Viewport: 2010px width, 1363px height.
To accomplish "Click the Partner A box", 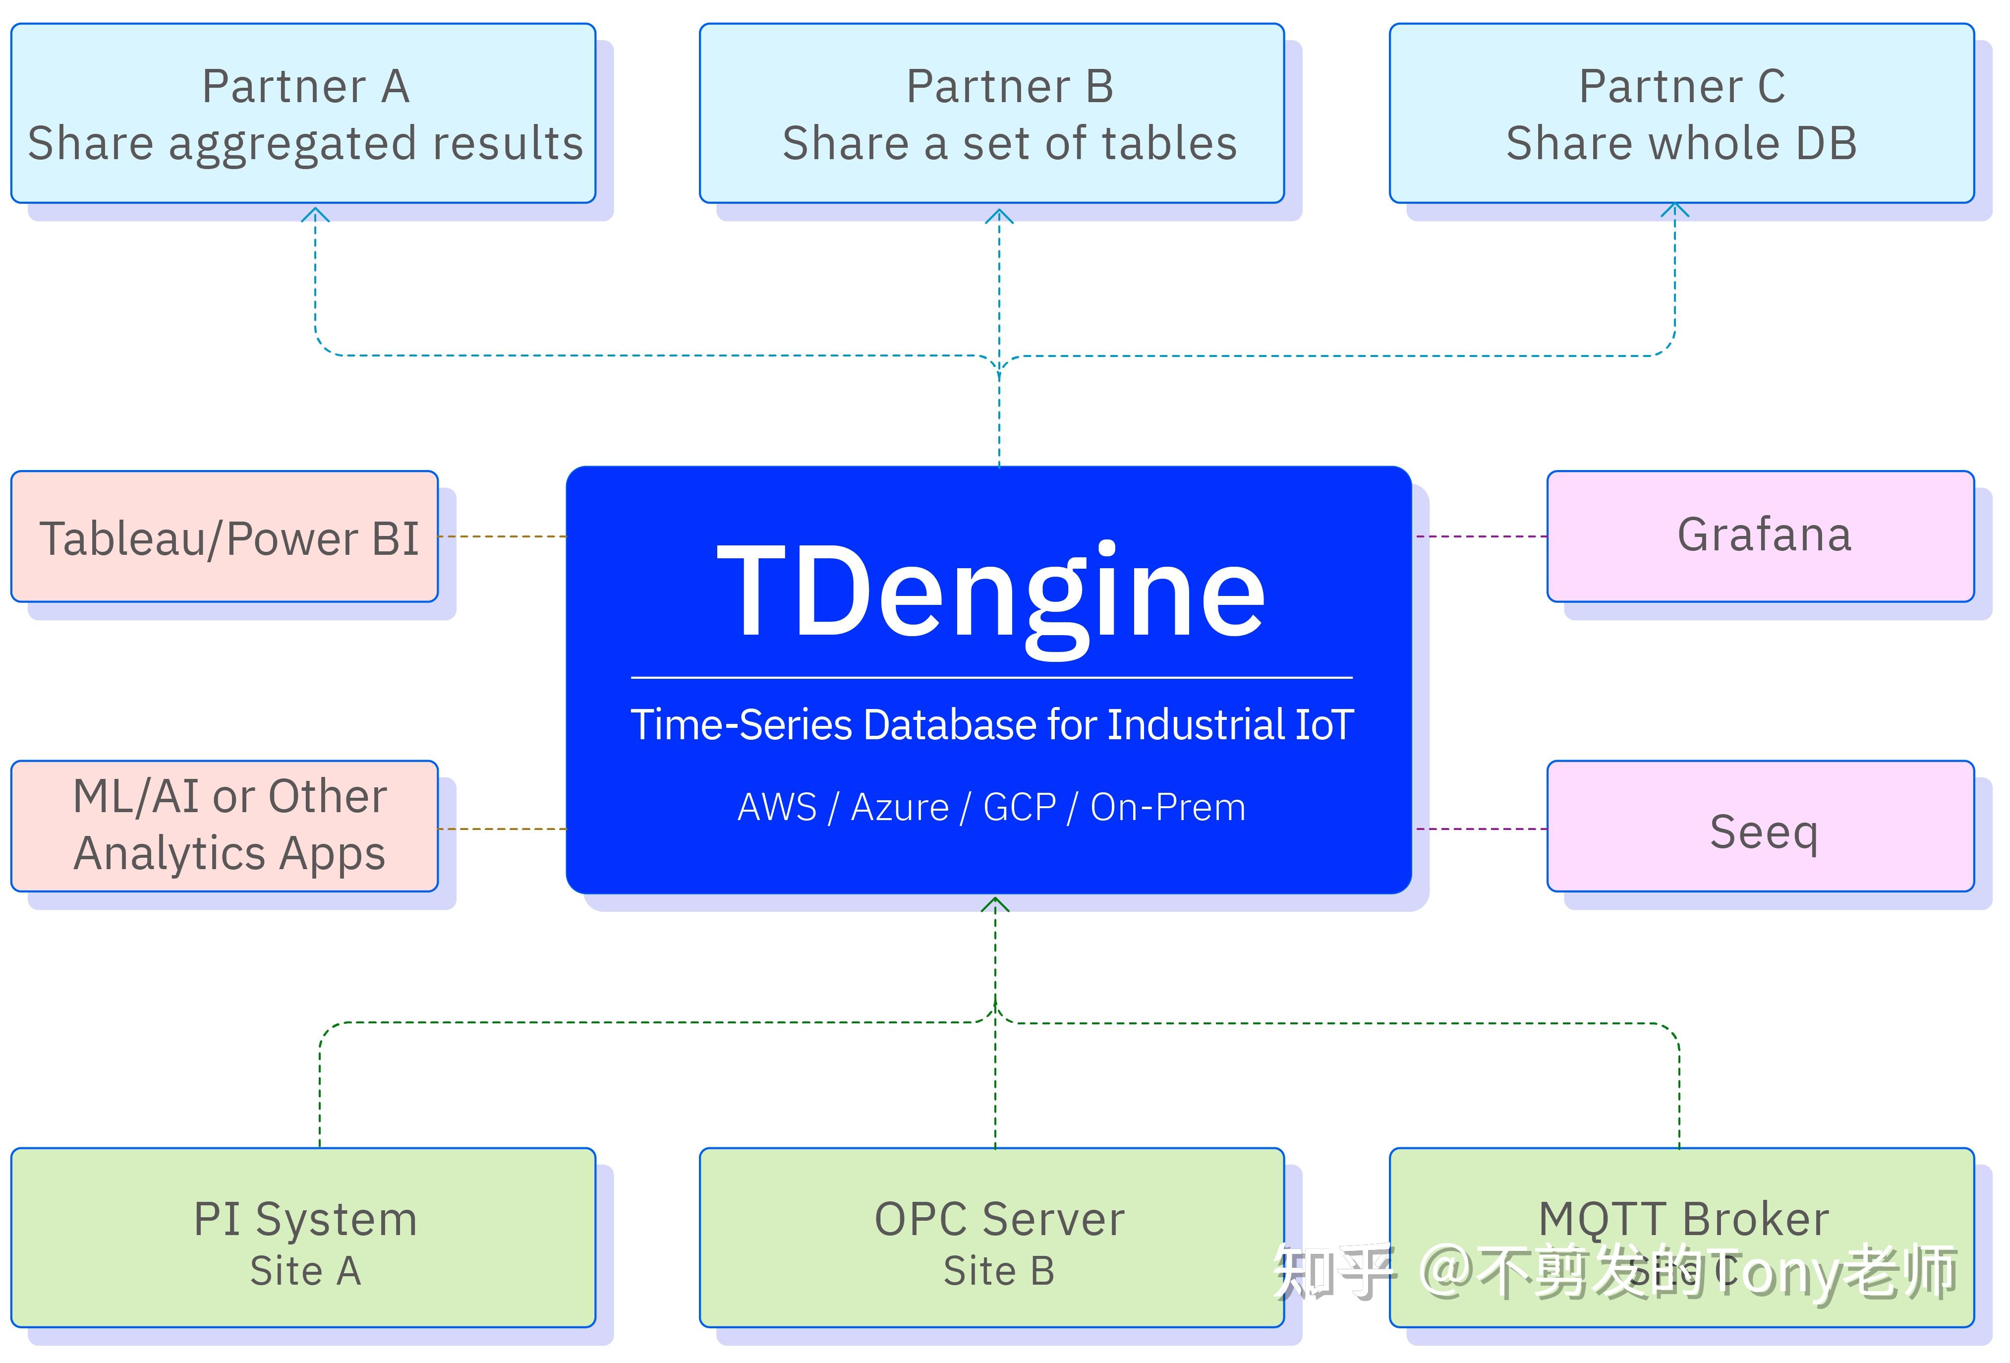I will pyautogui.click(x=303, y=114).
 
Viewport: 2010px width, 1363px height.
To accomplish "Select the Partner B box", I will pyautogui.click(x=991, y=114).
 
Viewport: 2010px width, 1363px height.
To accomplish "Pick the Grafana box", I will pyautogui.click(x=1760, y=536).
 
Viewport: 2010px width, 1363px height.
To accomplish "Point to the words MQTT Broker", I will pyautogui.click(x=1683, y=1219).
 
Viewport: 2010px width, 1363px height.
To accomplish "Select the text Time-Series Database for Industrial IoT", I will pyautogui.click(x=991, y=725).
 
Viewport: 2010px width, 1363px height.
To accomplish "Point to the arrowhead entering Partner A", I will pyautogui.click(x=315, y=214).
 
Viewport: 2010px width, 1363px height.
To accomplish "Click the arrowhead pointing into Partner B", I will pyautogui.click(x=999, y=215).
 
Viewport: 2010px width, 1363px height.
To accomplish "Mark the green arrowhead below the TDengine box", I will pyautogui.click(x=995, y=904).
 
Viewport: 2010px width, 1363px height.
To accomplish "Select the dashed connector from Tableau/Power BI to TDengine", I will pyautogui.click(x=502, y=536).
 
